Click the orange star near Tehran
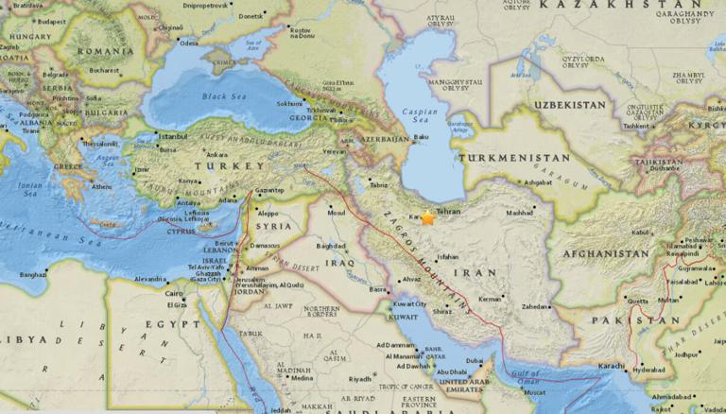coord(428,218)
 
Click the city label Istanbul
coord(172,136)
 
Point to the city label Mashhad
coord(519,213)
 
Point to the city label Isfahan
coord(450,255)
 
